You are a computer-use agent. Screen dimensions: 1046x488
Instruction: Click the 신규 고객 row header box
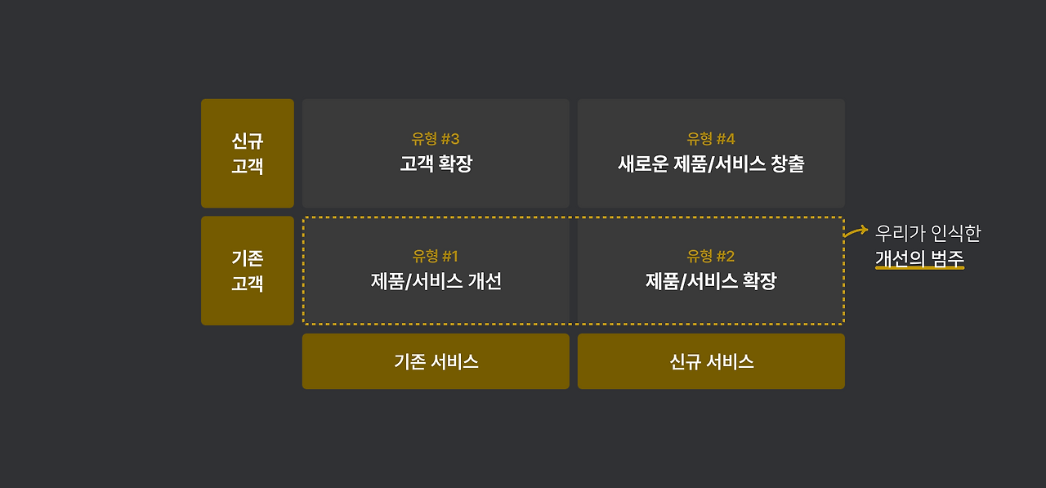point(247,153)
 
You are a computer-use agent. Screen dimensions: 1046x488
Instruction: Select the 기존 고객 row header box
point(247,271)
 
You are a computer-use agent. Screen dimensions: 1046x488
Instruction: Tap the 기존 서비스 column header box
point(436,361)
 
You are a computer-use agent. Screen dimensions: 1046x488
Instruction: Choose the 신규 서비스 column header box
point(711,361)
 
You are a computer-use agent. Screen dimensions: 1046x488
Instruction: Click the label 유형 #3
point(436,139)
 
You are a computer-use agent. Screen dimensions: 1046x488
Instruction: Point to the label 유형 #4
point(711,139)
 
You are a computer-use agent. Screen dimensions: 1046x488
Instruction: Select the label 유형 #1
point(436,256)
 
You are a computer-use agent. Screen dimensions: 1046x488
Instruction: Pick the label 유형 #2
point(711,256)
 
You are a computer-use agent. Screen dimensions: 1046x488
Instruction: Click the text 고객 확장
point(436,163)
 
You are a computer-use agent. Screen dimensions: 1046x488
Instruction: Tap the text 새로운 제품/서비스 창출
point(711,163)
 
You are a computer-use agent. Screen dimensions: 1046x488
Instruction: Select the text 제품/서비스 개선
point(436,281)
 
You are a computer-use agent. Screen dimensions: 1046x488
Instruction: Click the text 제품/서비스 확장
point(711,281)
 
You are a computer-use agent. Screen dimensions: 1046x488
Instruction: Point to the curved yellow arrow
point(856,232)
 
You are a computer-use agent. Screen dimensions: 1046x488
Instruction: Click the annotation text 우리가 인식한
point(928,233)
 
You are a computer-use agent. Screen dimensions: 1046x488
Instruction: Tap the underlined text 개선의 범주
point(919,259)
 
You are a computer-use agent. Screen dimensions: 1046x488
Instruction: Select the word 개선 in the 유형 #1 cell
point(485,281)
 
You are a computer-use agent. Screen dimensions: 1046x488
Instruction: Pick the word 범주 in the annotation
point(947,259)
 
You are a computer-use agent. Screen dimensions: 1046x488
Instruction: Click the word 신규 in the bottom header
point(685,361)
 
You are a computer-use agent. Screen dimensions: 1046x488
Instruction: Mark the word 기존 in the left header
point(247,258)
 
